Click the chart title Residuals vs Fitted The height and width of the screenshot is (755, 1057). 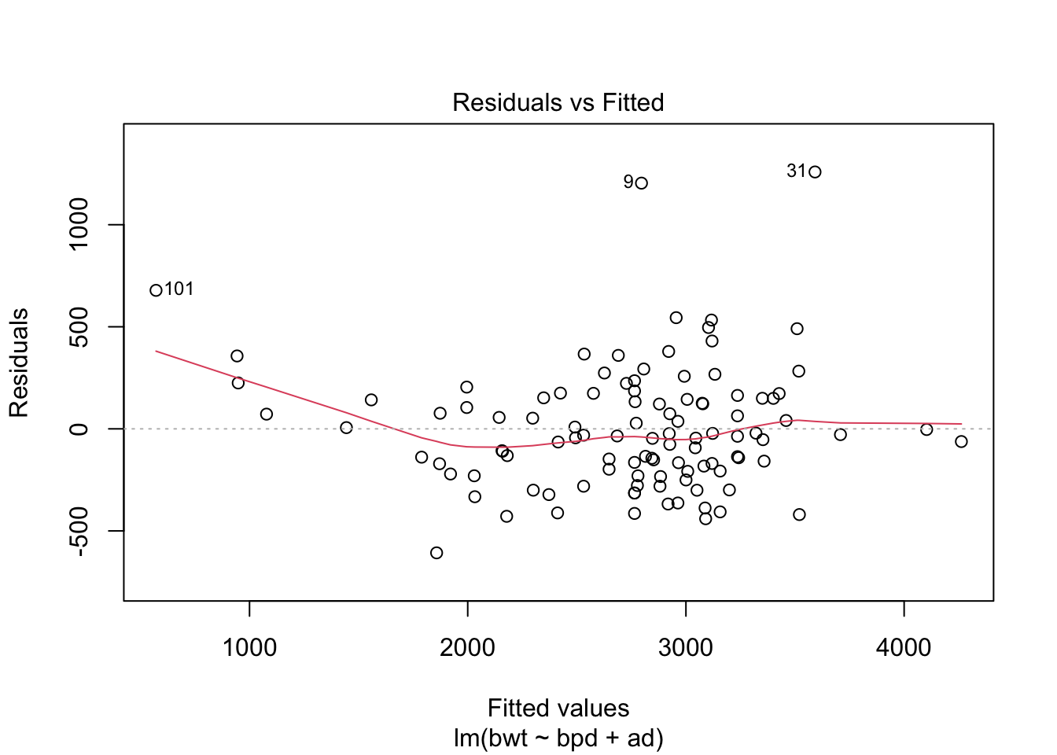tap(558, 102)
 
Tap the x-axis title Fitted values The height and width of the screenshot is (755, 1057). tap(558, 708)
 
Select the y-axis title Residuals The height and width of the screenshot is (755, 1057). tap(19, 363)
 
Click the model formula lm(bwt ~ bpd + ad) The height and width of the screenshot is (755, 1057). tap(558, 738)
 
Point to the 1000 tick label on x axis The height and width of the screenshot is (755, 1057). tap(249, 648)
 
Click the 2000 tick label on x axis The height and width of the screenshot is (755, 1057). tap(467, 648)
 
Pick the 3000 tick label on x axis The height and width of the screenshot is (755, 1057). tap(686, 648)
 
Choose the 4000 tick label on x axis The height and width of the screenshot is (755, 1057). tap(904, 648)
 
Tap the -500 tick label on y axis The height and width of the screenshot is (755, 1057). tap(79, 531)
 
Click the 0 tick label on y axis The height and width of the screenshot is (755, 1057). tap(79, 429)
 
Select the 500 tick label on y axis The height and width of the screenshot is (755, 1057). tap(79, 326)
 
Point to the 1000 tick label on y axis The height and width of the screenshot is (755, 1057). tap(79, 224)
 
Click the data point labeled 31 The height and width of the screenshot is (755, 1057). tap(815, 172)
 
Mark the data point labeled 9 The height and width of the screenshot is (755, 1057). tap(641, 183)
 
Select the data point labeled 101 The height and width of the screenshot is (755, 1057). tap(156, 290)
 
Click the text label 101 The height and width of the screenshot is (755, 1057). tap(179, 289)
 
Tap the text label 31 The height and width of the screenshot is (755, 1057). tap(796, 171)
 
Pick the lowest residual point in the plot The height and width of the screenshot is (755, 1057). tap(436, 553)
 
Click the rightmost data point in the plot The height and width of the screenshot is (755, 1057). tap(961, 442)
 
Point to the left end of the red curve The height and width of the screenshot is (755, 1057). tap(156, 351)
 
